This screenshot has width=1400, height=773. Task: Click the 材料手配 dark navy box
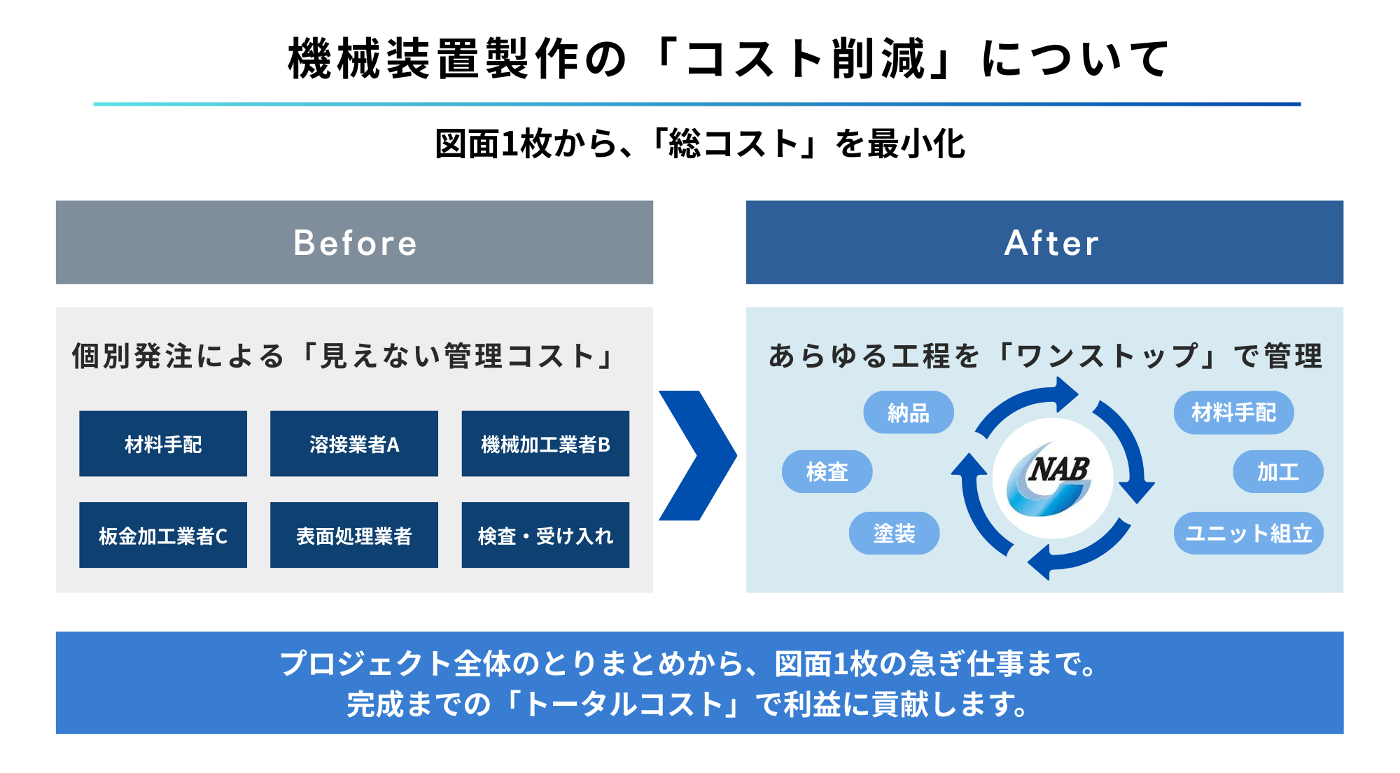point(163,444)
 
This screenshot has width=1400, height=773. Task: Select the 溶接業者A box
point(354,444)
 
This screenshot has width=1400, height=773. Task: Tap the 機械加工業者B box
point(545,444)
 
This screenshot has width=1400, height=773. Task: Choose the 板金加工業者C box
point(163,536)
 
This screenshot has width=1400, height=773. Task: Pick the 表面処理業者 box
point(354,536)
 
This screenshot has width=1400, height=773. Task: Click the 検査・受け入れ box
point(545,536)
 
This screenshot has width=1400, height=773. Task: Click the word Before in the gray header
point(355,243)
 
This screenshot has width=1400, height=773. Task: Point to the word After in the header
point(1051,243)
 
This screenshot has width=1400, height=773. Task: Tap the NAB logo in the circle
point(1052,479)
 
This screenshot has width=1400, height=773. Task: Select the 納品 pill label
point(908,413)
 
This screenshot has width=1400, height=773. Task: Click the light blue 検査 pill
point(827,472)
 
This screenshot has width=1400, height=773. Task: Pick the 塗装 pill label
point(894,534)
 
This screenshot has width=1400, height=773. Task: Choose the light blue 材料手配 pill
point(1233,412)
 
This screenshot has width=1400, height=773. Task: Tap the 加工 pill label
point(1277,472)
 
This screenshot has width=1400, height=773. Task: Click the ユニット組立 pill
point(1248,534)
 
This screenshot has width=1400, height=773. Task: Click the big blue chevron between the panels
point(696,455)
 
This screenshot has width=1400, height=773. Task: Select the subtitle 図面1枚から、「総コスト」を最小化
point(700,144)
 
